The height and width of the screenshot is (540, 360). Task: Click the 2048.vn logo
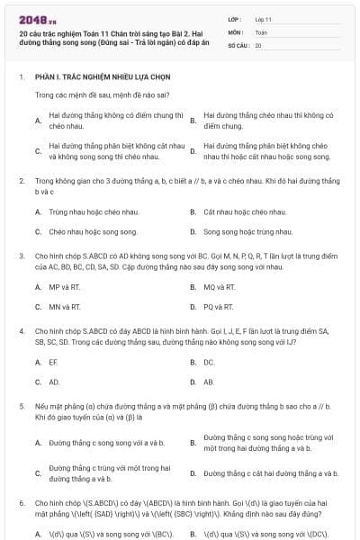[x=37, y=17]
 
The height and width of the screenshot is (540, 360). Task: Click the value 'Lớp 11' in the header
[x=264, y=18]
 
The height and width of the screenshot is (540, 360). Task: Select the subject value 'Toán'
[x=262, y=31]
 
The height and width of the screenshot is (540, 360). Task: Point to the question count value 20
[x=258, y=45]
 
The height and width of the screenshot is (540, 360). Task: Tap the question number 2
[x=22, y=181]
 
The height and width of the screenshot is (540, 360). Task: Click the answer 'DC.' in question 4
[x=209, y=362]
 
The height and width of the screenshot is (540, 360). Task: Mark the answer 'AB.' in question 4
[x=209, y=382]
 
